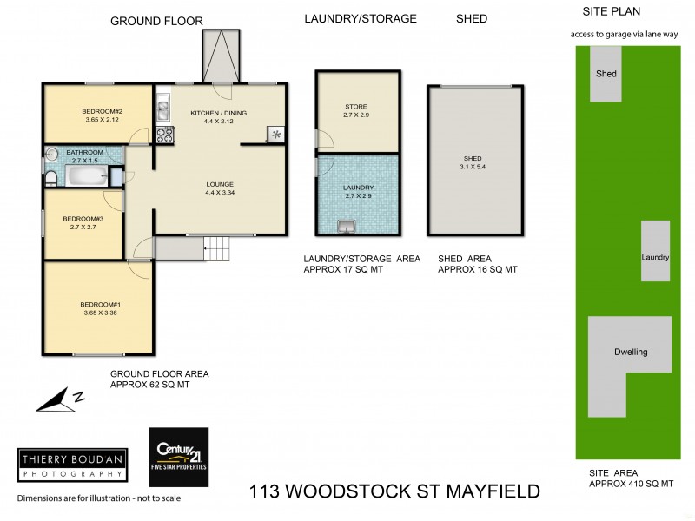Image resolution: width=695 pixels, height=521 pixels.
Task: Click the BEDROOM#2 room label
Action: coord(101,111)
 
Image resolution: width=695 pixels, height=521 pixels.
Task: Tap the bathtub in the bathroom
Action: coord(85,177)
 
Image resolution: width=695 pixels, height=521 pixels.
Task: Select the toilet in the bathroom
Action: coord(51,179)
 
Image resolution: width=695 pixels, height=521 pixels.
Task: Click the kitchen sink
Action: coord(162,110)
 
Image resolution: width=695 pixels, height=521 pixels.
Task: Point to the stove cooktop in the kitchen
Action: coord(164,135)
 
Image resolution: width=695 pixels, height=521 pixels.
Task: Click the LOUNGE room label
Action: coord(220,184)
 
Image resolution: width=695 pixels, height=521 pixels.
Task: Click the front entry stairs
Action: coord(218,250)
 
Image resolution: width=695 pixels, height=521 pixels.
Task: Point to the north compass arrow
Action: coord(60,399)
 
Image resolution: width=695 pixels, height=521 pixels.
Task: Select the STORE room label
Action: coord(357,107)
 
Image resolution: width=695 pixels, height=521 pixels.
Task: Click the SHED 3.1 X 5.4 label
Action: coord(473,164)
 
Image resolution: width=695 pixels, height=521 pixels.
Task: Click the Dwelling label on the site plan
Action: coord(632,352)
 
